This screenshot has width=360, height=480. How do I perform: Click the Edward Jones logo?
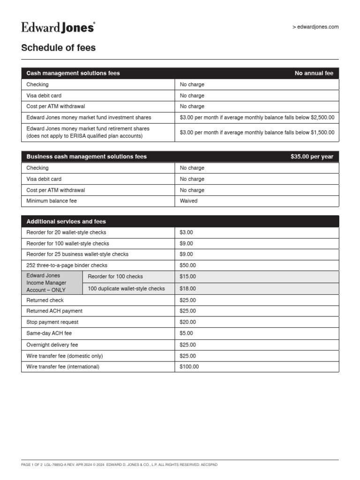(58, 28)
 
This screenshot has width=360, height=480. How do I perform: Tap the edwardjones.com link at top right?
(315, 27)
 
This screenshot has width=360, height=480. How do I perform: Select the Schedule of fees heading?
(59, 48)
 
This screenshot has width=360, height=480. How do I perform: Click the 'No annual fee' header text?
(314, 73)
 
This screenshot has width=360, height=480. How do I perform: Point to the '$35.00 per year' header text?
(312, 157)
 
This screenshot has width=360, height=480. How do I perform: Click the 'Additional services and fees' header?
(66, 221)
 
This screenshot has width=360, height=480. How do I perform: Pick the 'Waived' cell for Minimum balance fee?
(189, 201)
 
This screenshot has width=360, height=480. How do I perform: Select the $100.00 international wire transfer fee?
(189, 367)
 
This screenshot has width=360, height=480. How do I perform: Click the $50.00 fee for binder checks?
(188, 265)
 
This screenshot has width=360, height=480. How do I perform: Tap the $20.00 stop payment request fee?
(188, 322)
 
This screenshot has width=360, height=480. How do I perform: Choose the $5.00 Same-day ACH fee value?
(187, 333)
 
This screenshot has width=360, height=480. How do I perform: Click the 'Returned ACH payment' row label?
(54, 311)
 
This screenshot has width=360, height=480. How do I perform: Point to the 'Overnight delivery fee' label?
(52, 345)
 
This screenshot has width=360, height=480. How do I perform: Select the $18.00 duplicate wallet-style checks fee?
(188, 289)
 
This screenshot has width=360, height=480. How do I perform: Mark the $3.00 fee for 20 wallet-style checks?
(187, 232)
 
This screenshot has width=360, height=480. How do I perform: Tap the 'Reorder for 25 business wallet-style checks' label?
(77, 254)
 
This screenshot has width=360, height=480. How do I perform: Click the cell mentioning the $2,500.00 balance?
(257, 117)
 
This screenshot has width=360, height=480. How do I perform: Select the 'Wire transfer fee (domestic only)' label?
(65, 356)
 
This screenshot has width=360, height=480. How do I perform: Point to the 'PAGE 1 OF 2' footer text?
(32, 465)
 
